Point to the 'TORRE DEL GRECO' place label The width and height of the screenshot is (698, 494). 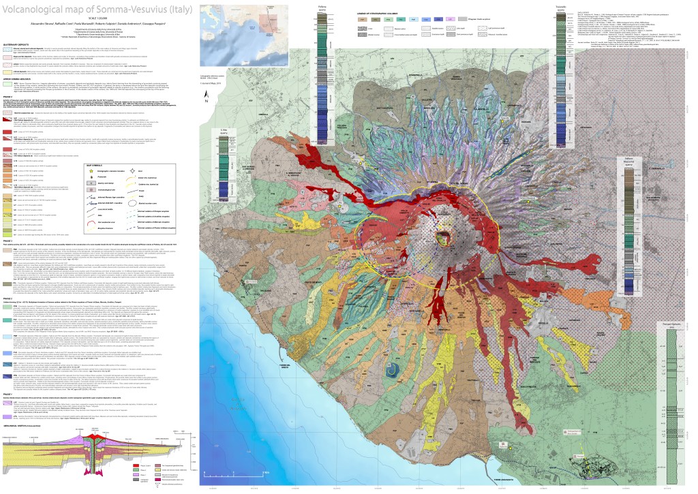(x=320, y=364)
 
